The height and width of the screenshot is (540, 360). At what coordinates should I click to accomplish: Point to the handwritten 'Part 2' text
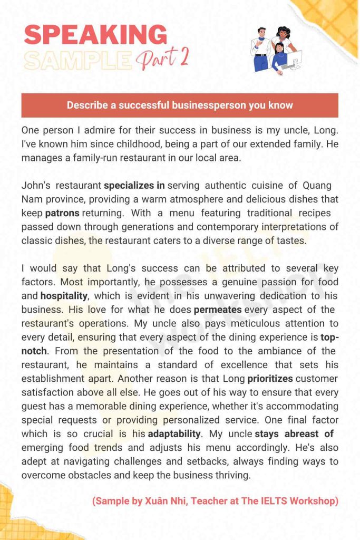tap(163, 59)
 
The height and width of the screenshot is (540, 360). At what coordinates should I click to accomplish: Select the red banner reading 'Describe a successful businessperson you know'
tap(180, 105)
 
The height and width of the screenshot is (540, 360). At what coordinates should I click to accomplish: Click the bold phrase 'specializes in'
tap(134, 186)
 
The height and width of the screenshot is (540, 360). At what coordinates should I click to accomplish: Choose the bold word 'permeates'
tap(218, 309)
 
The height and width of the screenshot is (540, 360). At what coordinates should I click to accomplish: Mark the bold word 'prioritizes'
tap(271, 379)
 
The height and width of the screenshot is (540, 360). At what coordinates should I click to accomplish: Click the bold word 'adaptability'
tap(174, 434)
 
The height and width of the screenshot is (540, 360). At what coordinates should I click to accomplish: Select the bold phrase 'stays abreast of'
tap(294, 434)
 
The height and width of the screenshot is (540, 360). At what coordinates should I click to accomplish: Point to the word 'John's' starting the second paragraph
tap(36, 186)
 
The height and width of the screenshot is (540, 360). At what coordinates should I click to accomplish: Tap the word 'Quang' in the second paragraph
tap(317, 186)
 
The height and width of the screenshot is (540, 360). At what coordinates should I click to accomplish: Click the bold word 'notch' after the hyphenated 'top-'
tap(34, 351)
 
